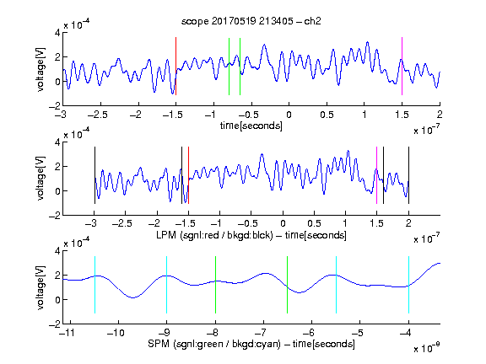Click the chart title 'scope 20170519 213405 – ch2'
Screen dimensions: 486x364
coord(251,21)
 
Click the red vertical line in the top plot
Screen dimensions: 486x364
coord(175,67)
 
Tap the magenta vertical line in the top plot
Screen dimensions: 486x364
coord(402,67)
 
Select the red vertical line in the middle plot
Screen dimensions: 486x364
coord(188,175)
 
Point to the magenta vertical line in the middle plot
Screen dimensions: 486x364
coord(376,175)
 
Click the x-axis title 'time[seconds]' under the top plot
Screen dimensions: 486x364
coord(251,126)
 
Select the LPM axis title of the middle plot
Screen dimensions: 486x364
coord(251,235)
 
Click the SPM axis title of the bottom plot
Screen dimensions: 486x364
coord(251,344)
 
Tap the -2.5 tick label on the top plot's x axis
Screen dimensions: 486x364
coord(97,115)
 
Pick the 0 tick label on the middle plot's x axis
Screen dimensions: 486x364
coord(283,223)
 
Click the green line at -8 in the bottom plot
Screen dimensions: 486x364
coord(215,285)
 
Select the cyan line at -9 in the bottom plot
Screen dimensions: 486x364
coord(166,285)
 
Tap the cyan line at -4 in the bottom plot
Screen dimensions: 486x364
coord(408,285)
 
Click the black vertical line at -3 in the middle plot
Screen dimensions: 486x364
coord(94,175)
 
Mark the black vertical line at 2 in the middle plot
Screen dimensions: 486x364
coord(408,175)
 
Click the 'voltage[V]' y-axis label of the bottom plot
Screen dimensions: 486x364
coord(40,287)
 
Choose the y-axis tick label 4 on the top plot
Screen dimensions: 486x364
coord(57,33)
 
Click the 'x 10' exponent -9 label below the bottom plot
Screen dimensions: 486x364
coord(427,348)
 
